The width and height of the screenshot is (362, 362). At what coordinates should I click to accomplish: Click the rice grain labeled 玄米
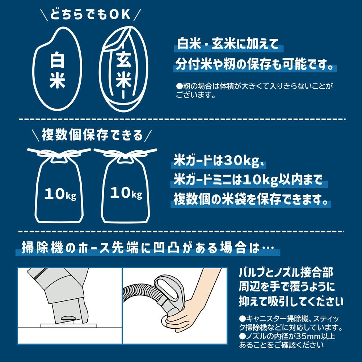click(123, 69)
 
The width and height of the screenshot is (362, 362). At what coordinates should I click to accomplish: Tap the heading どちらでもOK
click(90, 14)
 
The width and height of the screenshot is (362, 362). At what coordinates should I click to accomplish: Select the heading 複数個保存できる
click(92, 135)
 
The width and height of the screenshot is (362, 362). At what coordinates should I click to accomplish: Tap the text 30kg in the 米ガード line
click(241, 161)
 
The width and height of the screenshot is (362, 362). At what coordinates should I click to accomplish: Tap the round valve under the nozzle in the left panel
click(67, 319)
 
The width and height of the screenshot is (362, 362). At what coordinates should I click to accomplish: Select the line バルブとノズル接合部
click(286, 273)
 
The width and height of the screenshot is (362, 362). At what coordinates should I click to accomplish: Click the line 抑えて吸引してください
click(291, 302)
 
